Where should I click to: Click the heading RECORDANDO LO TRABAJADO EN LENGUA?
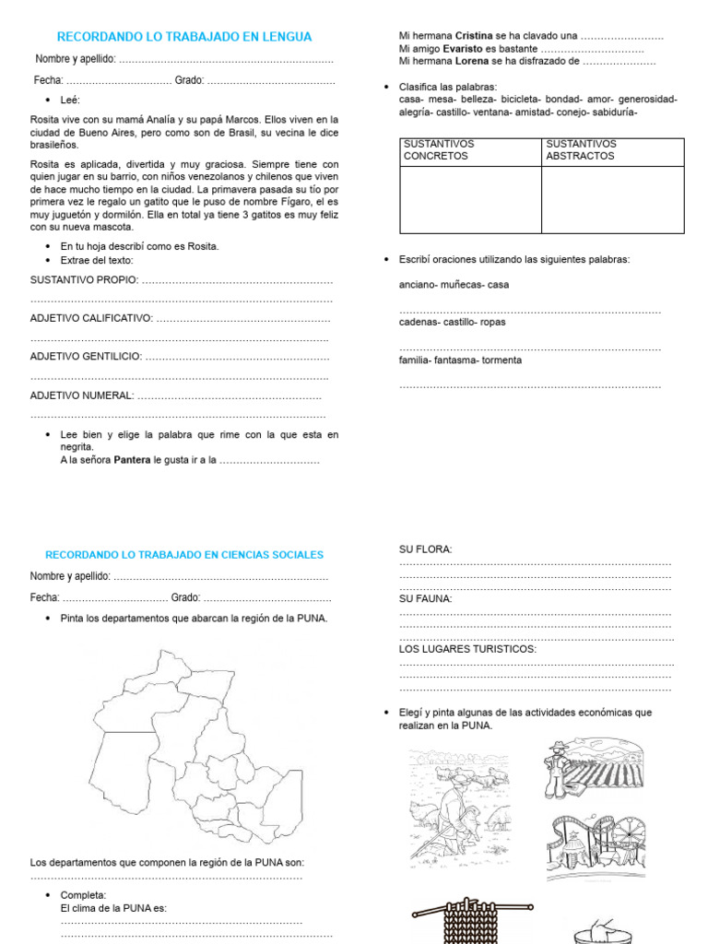pos(184,37)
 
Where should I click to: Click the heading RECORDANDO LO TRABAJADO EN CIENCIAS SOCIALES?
pos(184,555)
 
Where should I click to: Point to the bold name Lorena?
pos(471,62)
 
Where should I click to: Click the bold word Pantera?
pos(132,459)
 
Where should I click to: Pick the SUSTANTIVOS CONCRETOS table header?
pos(437,150)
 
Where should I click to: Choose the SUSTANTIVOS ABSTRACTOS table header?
pos(581,150)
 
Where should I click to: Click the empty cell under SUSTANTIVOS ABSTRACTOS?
pos(612,199)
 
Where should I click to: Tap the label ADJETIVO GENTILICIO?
pos(86,356)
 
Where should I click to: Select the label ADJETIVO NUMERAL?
pos(82,395)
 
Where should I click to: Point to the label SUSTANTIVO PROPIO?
pos(84,279)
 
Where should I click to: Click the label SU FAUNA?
pos(425,598)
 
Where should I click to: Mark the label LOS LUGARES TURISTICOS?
pos(467,649)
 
